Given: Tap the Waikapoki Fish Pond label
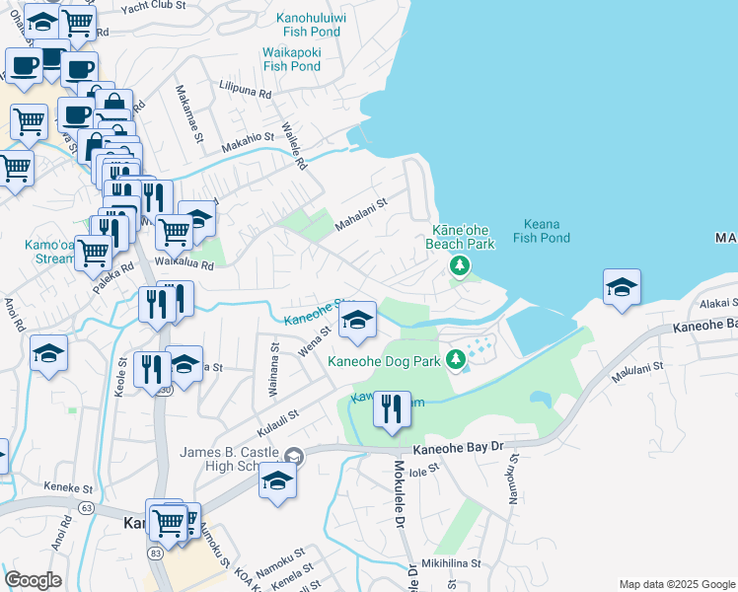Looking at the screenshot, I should tap(292, 59).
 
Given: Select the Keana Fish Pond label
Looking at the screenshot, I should tap(542, 231).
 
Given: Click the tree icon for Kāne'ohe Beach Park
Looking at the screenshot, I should tap(459, 265).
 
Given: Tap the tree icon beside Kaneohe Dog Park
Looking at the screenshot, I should tap(456, 360).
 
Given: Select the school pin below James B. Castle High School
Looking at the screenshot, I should tap(278, 481).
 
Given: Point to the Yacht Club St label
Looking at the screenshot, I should tap(153, 6).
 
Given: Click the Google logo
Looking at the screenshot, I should tap(33, 580).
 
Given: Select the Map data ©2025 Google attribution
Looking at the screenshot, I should tap(676, 584).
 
